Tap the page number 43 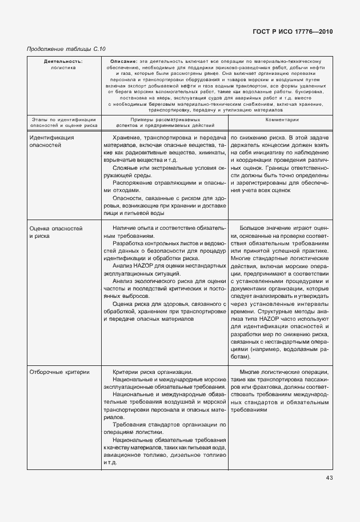(329, 477)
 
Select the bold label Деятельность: (63, 61)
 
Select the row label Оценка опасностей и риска (55, 232)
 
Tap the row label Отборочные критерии (59, 372)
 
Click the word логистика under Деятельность (63, 67)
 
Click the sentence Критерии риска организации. (153, 372)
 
